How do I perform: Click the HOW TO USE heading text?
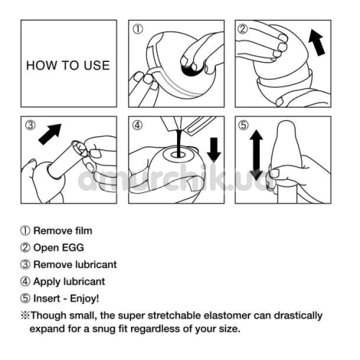coord(68,66)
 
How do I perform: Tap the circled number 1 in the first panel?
coord(138,30)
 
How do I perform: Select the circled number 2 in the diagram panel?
coord(243,29)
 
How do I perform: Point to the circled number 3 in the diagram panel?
coord(30,125)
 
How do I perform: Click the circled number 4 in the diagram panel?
coord(138,125)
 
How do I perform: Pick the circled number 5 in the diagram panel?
coord(243,125)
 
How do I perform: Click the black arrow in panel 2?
coord(317,42)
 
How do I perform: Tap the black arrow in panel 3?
coord(50,134)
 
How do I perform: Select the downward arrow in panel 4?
coord(214,149)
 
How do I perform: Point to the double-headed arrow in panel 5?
coord(256,155)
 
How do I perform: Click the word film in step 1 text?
coord(84,230)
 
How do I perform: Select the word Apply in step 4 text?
coord(45,282)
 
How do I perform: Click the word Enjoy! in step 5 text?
coord(84,299)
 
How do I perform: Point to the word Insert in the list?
coord(47,299)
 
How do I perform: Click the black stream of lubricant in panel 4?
coord(179,143)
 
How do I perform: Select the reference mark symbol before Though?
coord(25,315)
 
